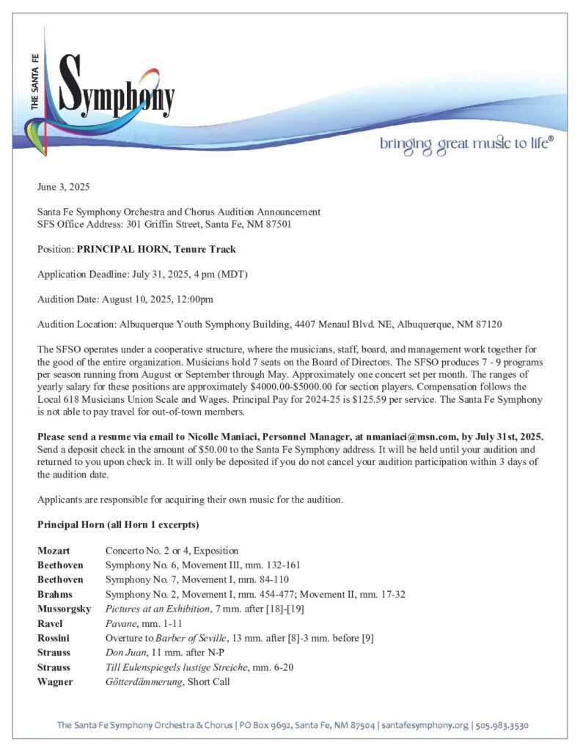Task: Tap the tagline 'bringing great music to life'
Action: point(466,143)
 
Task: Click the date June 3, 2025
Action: point(64,187)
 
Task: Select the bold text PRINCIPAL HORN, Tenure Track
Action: point(156,249)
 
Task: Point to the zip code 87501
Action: point(277,224)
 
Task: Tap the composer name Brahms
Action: point(55,594)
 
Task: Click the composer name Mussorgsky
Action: point(64,609)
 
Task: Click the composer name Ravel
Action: point(50,623)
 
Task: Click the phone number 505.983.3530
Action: point(502,726)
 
